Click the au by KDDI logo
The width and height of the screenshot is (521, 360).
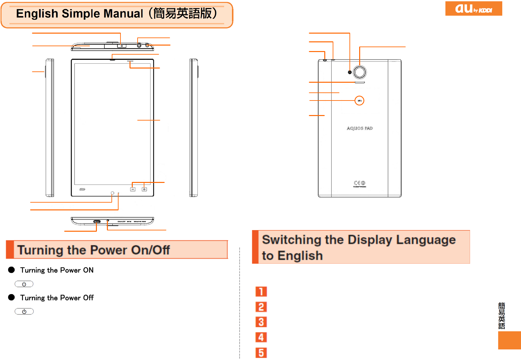[474, 8]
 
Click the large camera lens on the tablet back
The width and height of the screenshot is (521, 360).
[360, 72]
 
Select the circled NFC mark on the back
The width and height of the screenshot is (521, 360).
[359, 101]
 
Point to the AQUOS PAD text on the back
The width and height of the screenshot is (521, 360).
[360, 128]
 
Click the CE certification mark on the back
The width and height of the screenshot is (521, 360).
[359, 183]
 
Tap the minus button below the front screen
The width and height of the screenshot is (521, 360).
[133, 189]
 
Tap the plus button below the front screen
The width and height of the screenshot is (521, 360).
[144, 189]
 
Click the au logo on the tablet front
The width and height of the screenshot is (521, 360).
[82, 189]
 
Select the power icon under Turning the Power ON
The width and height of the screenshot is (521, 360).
[24, 284]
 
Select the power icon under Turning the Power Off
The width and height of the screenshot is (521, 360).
[24, 312]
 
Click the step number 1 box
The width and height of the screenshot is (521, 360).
[261, 291]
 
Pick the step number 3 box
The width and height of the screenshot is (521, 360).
[261, 322]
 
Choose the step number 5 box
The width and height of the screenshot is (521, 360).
[261, 353]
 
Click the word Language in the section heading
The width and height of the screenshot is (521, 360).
[426, 240]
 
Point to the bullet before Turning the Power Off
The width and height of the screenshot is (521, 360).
[12, 297]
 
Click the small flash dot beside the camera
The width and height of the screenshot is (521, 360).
[350, 72]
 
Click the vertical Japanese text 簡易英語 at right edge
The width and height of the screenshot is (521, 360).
[502, 316]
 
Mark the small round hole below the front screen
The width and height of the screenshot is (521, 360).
[112, 193]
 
